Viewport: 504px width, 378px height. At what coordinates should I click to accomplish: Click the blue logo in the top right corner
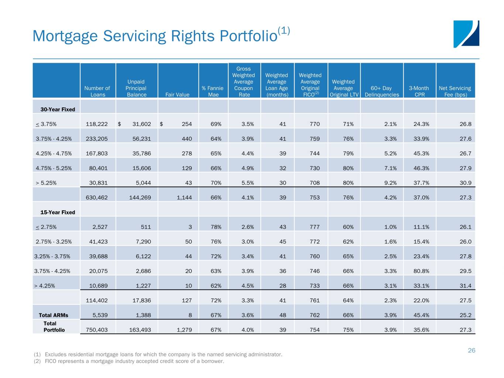coord(466,34)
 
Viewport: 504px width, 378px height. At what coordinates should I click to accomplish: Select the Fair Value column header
coord(177,94)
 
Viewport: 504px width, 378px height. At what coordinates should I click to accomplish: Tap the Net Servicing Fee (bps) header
coord(455,91)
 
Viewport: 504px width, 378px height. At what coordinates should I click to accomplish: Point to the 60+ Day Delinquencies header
coord(381,91)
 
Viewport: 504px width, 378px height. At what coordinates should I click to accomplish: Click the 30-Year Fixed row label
coord(58,109)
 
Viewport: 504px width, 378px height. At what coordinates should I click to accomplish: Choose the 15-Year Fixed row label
coord(58,212)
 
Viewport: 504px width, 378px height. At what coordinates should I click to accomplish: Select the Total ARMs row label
coord(54,315)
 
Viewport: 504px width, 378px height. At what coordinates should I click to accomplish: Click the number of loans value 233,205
coord(97,139)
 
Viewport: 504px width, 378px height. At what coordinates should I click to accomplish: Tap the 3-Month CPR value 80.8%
coord(421,271)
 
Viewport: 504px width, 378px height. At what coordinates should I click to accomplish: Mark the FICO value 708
coord(315,183)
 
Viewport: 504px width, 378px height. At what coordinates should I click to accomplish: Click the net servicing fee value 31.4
coord(465,286)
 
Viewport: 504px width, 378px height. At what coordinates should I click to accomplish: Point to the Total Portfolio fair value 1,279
coord(184,330)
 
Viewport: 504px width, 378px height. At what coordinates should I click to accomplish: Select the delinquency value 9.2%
coord(390,183)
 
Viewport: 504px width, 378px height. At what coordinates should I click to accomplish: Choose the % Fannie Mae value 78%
coord(216,227)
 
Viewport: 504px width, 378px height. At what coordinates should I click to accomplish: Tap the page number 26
coord(472,350)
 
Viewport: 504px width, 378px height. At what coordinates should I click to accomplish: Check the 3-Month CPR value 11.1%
coord(421,227)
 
